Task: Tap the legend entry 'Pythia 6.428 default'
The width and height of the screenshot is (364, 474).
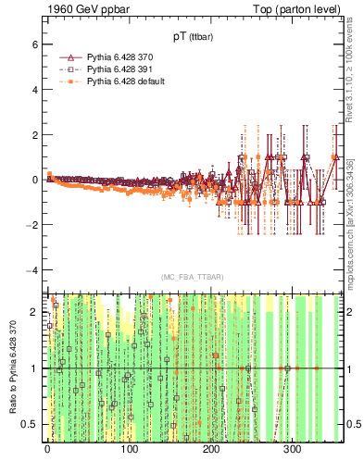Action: [126, 81]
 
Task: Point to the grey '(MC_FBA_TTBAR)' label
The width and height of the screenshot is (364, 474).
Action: [193, 278]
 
